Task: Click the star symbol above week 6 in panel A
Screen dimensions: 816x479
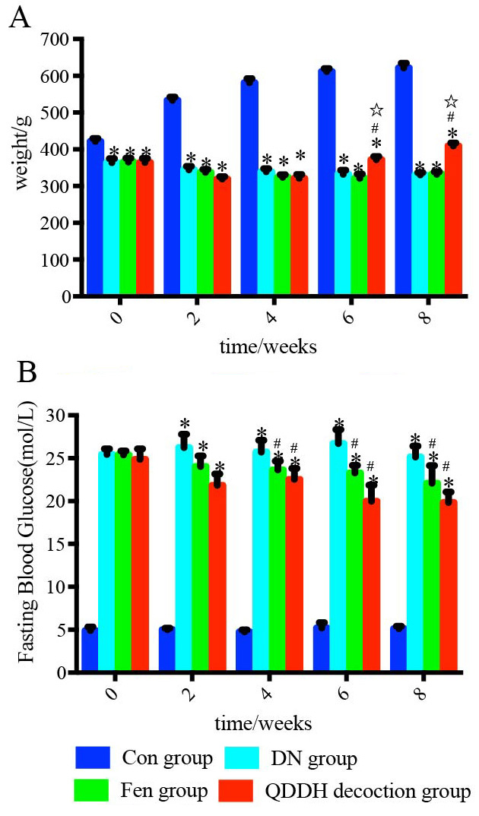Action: tap(376, 112)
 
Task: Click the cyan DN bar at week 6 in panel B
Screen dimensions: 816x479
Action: tap(338, 555)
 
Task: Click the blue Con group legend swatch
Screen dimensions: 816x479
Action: tap(94, 757)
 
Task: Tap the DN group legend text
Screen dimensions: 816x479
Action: tap(314, 758)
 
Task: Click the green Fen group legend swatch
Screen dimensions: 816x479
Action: tap(94, 791)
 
